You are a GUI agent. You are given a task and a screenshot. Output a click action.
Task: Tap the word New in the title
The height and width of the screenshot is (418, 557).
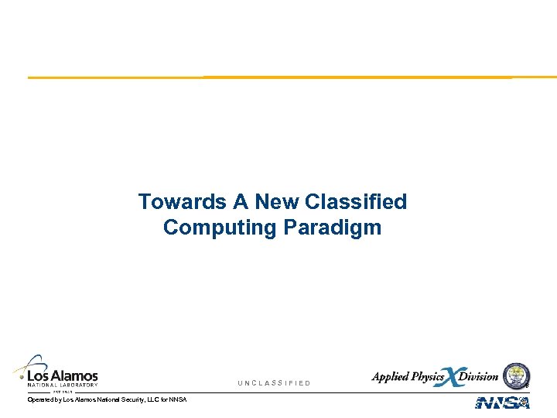[277, 202]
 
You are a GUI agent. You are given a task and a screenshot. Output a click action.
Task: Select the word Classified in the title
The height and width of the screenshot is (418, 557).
[356, 202]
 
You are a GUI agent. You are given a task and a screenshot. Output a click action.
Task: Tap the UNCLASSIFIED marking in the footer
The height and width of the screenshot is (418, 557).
[274, 383]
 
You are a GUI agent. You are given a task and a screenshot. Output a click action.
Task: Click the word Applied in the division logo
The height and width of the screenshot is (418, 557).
[391, 377]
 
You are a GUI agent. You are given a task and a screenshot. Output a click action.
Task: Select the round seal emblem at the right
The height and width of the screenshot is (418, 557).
[516, 375]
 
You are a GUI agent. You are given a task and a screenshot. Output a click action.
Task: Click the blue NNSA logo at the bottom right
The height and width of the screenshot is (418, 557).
[503, 403]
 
